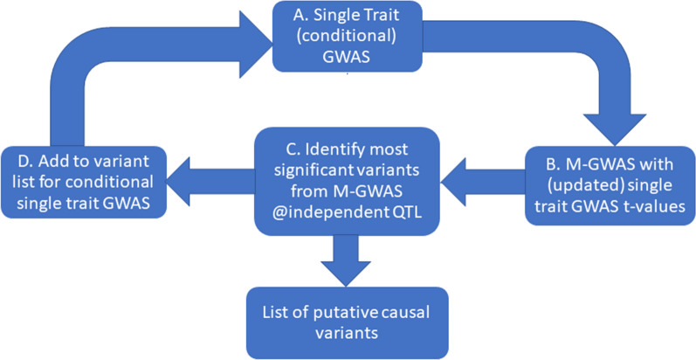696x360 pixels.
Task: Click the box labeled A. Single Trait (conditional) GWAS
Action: click(348, 37)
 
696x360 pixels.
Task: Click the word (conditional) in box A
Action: click(348, 37)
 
